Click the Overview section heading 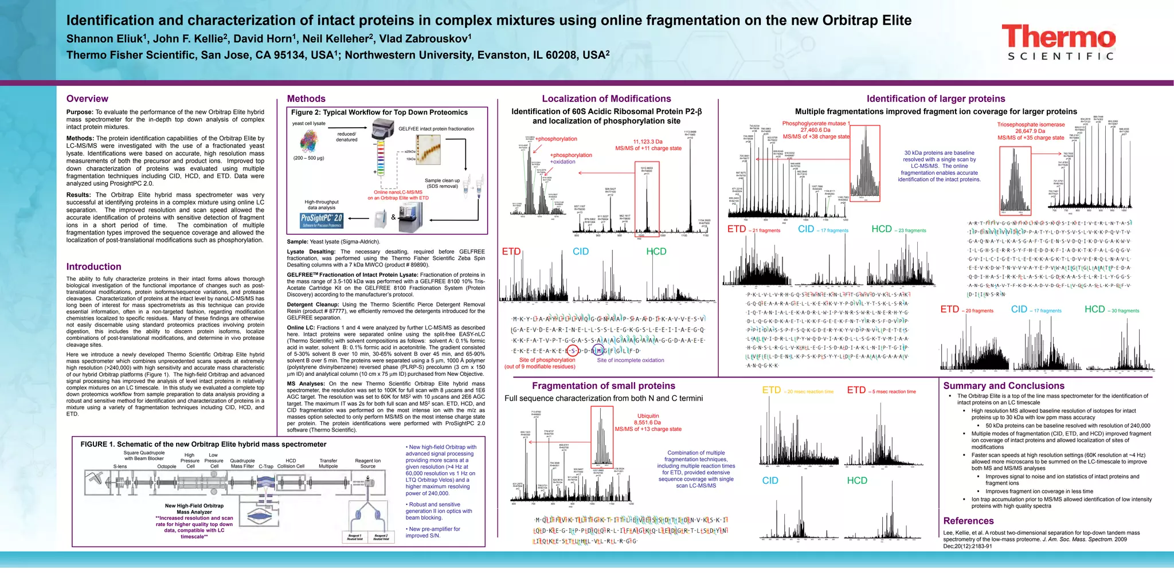click(87, 99)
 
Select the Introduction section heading click(93, 266)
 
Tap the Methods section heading click(306, 99)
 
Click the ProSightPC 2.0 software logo click(322, 220)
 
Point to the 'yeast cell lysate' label click(308, 123)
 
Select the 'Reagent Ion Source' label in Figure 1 click(367, 463)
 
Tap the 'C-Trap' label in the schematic click(266, 466)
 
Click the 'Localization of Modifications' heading click(606, 99)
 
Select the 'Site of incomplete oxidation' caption click(630, 360)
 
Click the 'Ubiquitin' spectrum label click(648, 416)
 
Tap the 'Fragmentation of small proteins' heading click(603, 386)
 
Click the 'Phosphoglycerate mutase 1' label click(816, 123)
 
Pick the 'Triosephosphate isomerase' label click(1031, 124)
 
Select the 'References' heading click(968, 520)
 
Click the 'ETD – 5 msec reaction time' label click(881, 391)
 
